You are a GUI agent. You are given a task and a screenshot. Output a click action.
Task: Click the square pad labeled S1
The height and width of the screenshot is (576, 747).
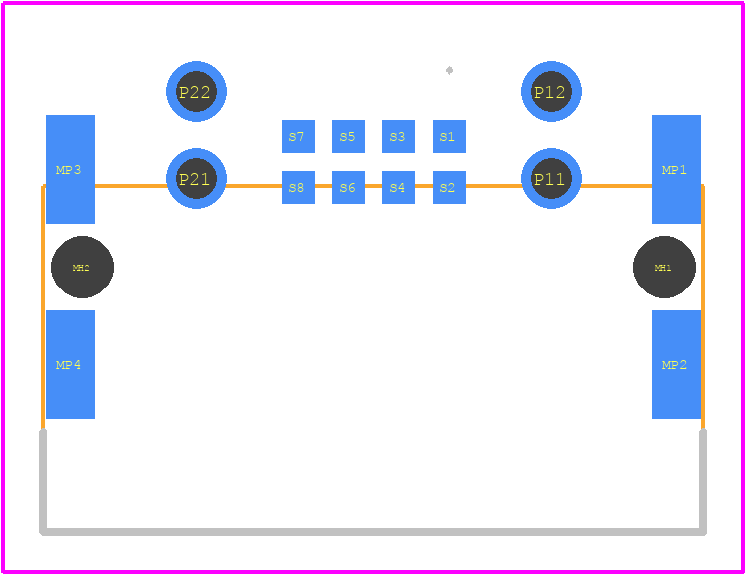point(449,136)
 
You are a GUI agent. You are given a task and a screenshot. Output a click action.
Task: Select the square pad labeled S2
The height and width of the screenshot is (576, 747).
point(449,187)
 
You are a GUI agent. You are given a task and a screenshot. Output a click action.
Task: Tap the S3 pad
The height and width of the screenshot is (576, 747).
point(398,136)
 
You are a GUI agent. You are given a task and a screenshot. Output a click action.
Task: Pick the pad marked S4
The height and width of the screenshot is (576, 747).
point(398,187)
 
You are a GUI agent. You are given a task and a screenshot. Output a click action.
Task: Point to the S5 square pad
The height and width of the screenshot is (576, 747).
point(348,136)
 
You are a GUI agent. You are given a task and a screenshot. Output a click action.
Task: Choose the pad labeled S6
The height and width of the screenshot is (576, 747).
point(348,187)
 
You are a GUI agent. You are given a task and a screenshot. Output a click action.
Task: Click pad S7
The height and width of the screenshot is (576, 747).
point(298,136)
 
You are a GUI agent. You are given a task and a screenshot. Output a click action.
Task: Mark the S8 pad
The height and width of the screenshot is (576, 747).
point(298,187)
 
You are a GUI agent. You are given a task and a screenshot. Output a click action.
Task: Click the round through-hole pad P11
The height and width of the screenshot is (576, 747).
point(551,178)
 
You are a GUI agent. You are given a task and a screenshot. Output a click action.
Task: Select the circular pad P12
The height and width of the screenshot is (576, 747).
point(551,92)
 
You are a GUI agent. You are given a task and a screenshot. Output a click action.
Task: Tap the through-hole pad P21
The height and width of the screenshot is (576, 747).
point(197,178)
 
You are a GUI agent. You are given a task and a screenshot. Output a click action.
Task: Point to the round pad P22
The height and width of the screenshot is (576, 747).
point(197,92)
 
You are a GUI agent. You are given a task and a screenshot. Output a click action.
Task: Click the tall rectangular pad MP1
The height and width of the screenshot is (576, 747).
point(676,169)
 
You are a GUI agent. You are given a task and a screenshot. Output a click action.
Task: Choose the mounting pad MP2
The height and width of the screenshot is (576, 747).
point(676,364)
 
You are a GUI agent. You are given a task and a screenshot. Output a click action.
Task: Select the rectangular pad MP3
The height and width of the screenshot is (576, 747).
point(70,169)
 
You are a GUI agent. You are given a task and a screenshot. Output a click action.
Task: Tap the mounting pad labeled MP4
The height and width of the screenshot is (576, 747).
point(70,364)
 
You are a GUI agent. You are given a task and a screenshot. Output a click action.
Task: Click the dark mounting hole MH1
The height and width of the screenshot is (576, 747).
point(664,268)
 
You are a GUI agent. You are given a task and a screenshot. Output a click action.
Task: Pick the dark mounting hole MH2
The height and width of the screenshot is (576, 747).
point(83,268)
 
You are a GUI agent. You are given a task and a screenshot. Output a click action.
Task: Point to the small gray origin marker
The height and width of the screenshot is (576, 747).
point(449,71)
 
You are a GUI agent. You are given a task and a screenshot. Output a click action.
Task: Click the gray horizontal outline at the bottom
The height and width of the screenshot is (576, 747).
point(373,532)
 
